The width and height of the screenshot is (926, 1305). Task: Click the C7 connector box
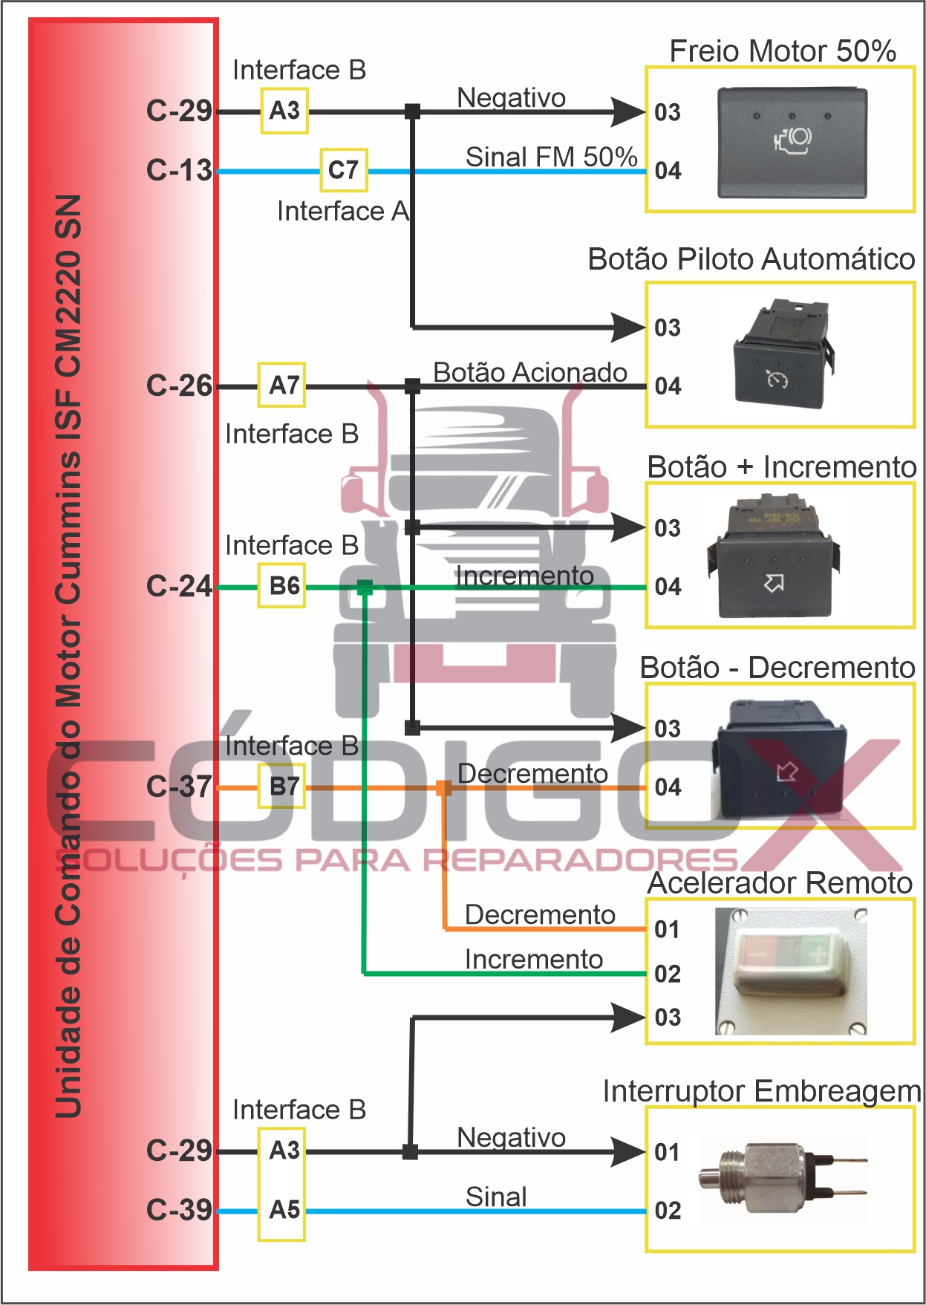click(343, 170)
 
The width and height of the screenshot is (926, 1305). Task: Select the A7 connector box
click(281, 385)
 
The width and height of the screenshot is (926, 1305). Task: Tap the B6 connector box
click(282, 586)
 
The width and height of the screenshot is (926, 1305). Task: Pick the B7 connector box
click(282, 787)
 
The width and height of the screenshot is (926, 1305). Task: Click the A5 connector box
click(282, 1210)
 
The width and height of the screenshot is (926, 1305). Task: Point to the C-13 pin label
click(179, 170)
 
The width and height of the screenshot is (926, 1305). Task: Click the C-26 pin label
click(179, 385)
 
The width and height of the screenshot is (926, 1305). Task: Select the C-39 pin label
click(179, 1210)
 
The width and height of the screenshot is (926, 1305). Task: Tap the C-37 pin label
click(179, 787)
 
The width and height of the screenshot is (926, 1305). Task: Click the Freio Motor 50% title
click(782, 51)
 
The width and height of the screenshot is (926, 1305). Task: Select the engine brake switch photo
click(792, 143)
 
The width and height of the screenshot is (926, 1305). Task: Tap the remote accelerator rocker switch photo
click(790, 970)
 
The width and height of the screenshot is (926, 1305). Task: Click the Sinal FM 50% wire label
click(551, 157)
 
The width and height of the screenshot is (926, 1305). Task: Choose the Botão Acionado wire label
click(529, 372)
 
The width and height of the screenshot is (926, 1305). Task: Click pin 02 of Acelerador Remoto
click(668, 973)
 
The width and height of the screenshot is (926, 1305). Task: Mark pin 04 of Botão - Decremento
click(668, 787)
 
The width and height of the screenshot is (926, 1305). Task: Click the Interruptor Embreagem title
click(761, 1091)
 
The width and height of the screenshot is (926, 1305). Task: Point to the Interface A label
click(342, 211)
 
